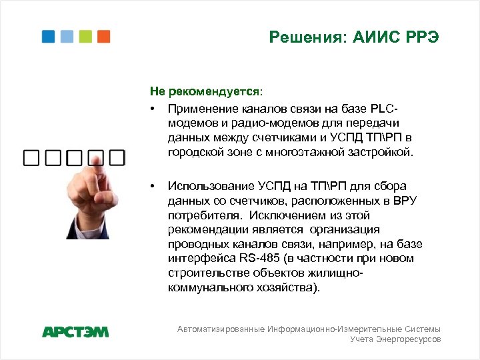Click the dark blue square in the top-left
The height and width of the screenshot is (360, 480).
(x=48, y=37)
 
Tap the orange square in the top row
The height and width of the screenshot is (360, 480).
(x=103, y=37)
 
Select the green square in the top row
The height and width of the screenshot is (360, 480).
(x=85, y=37)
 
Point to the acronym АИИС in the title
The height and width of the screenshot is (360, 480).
(x=370, y=38)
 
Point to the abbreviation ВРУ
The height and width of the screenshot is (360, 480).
(x=403, y=200)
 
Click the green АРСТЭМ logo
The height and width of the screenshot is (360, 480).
(x=75, y=331)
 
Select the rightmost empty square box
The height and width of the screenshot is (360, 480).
(x=117, y=158)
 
